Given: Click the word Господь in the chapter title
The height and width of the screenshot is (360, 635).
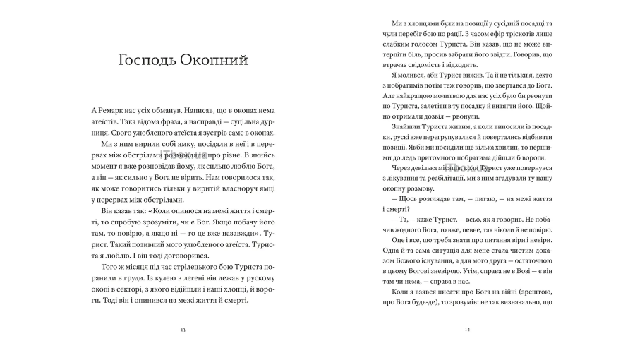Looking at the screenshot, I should (149, 61).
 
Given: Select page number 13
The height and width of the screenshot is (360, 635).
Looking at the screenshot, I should (183, 330).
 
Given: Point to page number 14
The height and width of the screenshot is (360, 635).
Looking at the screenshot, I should (466, 330).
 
